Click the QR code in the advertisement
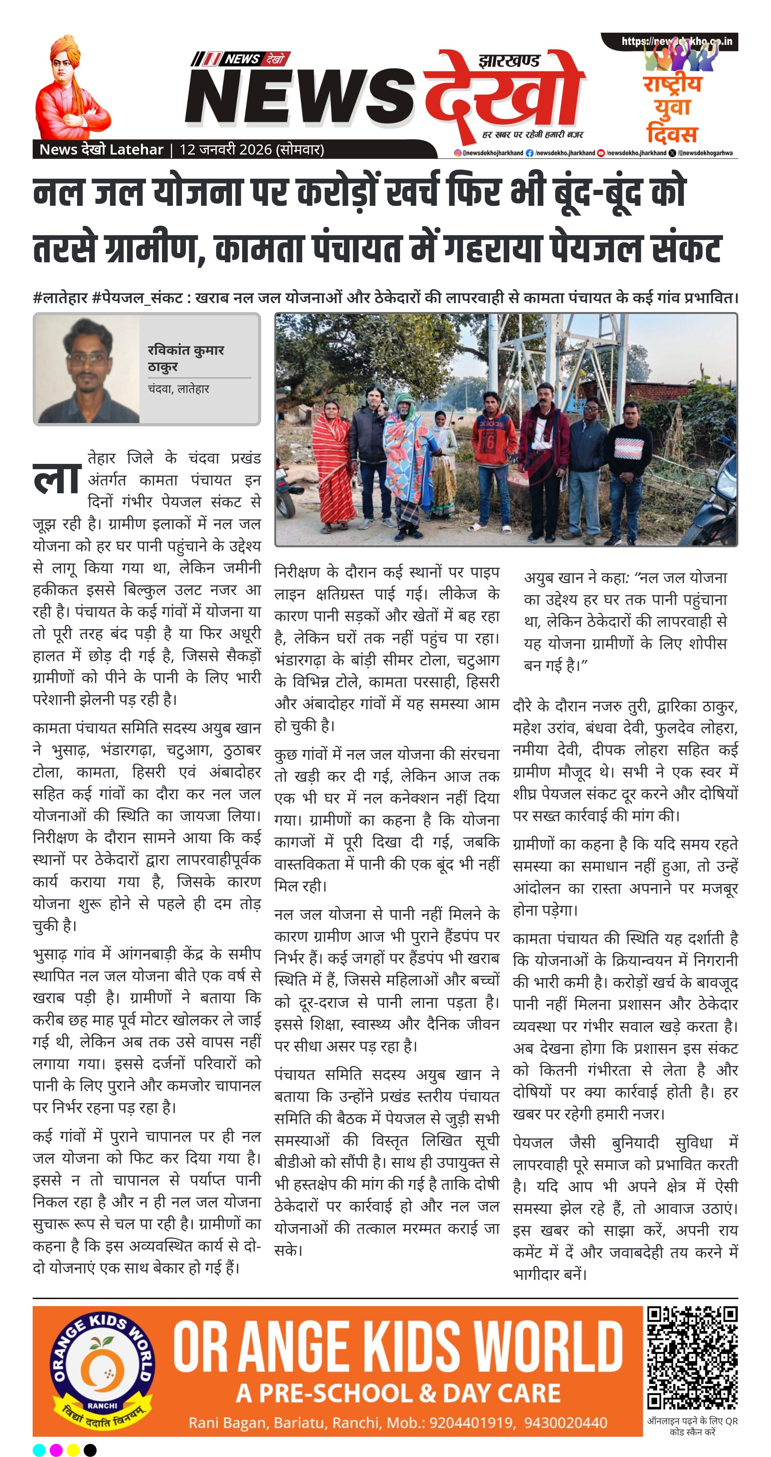(692, 1357)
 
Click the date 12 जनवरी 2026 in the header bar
(227, 150)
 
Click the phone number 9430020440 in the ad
(565, 1422)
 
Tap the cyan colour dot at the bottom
(39, 1449)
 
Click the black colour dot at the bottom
(90, 1449)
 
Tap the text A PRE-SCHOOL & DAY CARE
(398, 1393)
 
